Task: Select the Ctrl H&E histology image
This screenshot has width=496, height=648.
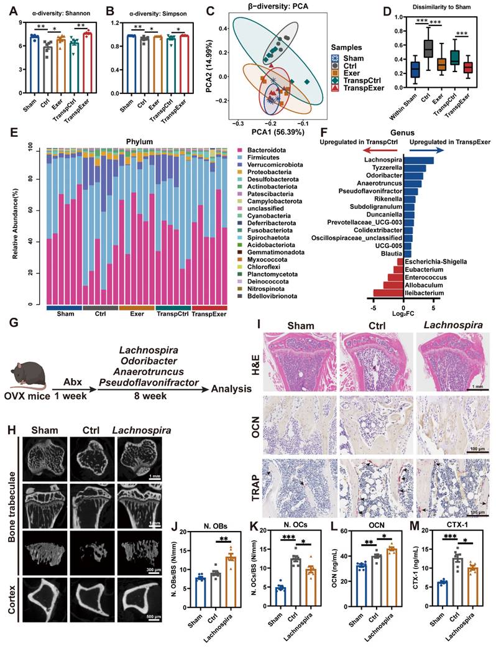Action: [375, 356]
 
